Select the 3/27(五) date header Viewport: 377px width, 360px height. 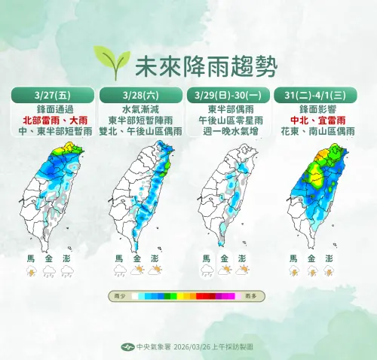tap(52, 96)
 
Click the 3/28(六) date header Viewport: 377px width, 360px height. tap(139, 96)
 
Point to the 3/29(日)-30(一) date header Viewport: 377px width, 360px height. tap(228, 96)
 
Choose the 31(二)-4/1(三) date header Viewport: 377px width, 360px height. tap(315, 96)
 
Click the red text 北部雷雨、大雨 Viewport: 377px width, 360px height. tap(52, 120)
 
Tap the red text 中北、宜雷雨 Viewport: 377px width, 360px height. tap(315, 120)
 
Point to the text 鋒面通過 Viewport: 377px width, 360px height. tap(52, 108)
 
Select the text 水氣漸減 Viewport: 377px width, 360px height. tap(139, 108)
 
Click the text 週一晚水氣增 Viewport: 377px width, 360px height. tap(228, 130)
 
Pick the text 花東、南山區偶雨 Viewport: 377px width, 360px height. tap(315, 130)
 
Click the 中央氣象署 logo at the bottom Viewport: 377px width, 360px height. tap(127, 347)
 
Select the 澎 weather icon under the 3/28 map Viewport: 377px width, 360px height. tap(155, 270)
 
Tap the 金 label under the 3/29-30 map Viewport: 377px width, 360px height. tap(225, 258)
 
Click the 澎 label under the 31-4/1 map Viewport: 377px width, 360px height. tap(329, 258)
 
